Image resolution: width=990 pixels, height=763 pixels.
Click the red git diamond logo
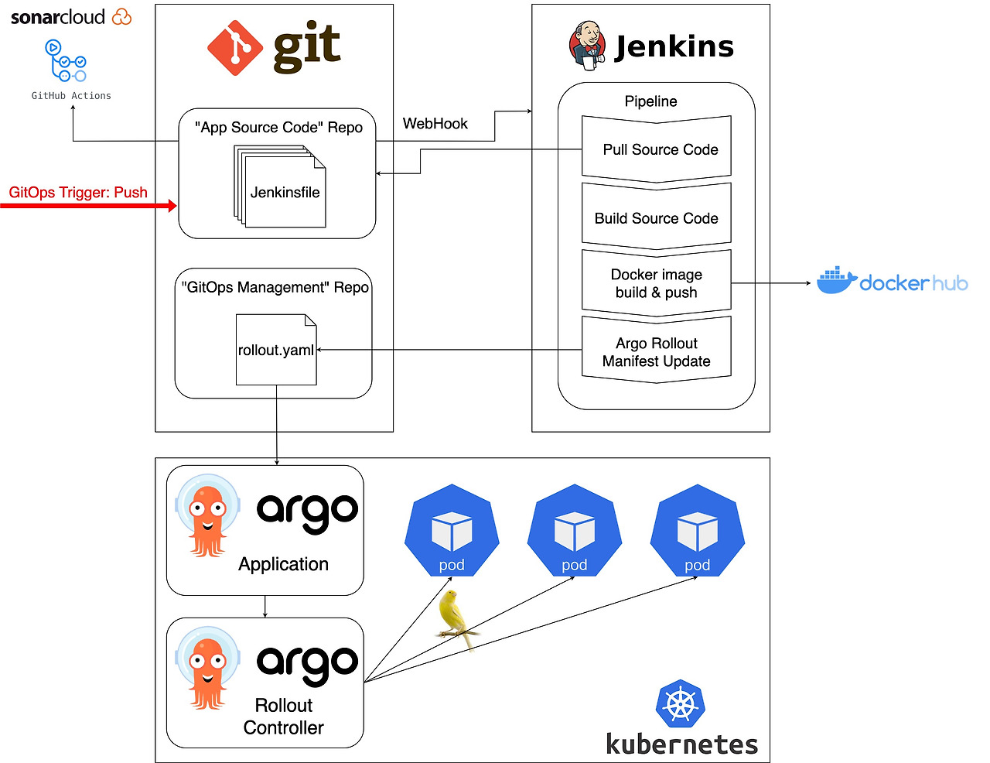pos(235,47)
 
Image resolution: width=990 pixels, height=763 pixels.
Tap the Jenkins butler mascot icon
pos(586,46)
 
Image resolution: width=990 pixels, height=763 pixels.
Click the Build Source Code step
pos(657,218)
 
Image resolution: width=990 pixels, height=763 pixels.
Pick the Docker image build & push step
pos(657,283)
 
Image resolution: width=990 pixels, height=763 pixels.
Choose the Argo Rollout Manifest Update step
pos(657,352)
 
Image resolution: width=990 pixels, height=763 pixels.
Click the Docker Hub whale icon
pos(836,282)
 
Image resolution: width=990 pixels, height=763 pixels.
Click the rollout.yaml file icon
pos(276,349)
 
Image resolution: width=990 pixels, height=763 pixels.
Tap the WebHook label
pos(435,124)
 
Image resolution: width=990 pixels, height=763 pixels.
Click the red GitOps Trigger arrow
pos(89,206)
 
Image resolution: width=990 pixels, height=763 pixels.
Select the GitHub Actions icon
pos(67,61)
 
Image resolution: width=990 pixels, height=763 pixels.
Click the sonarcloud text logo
pos(57,17)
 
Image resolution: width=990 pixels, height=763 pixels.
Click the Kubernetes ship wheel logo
pos(681,703)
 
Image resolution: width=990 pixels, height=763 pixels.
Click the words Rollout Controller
pos(283,717)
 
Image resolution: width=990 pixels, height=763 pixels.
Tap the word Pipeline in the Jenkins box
pos(650,101)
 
